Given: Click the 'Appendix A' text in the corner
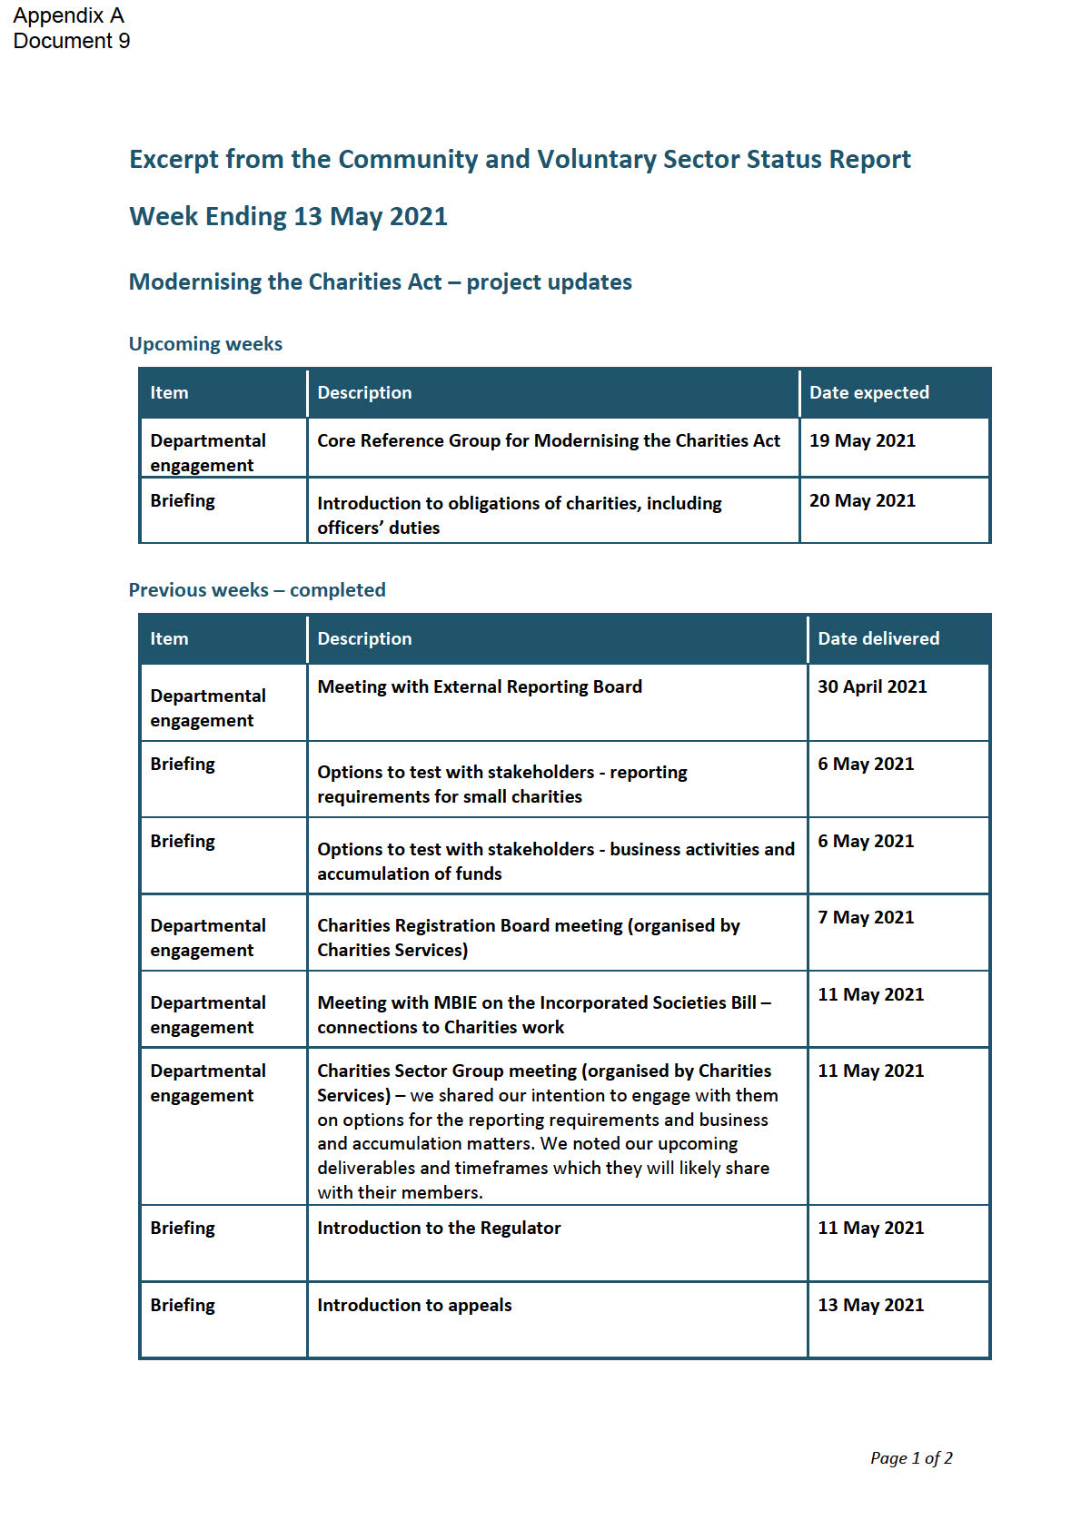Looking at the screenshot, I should (68, 15).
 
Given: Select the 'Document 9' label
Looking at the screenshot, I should (72, 41).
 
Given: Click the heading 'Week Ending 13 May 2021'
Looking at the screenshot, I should (288, 217).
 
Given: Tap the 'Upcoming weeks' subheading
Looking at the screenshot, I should (205, 344).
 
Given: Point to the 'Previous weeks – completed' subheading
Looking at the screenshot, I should (257, 590).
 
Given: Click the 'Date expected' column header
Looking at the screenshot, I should (868, 393).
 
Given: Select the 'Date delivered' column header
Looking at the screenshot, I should (878, 639).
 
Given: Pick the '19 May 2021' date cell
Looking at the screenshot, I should (862, 441).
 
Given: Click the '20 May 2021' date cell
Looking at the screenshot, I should (862, 501).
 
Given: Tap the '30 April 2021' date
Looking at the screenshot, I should (872, 687).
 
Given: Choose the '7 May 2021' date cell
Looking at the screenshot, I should (866, 918).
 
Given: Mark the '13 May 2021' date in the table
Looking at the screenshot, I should (870, 1306).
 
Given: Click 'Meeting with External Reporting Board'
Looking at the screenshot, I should (480, 687).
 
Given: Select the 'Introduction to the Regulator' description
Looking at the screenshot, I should (439, 1229).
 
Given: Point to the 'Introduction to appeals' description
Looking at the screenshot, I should (414, 1306).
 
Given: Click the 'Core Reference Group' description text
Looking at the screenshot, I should (548, 441).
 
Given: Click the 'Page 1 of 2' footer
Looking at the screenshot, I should (911, 1458).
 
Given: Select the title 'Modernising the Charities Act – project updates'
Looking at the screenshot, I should (380, 282).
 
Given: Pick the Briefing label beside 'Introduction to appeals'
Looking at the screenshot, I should (183, 1306).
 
